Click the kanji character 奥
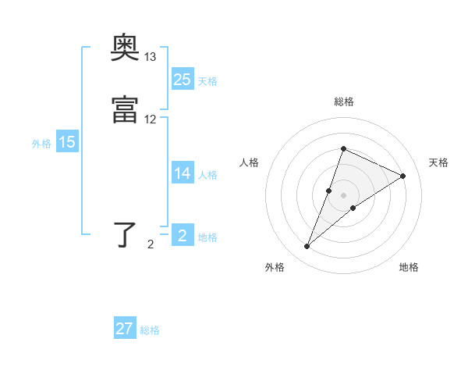(125, 49)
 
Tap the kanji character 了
(125, 234)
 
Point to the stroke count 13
(151, 57)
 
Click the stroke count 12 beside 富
(151, 119)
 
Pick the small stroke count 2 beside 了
(151, 244)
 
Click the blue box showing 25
(183, 80)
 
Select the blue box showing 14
(183, 173)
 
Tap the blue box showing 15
(67, 142)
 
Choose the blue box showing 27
(125, 329)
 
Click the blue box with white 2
(183, 236)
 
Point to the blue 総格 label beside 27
(150, 330)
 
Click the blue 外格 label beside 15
(41, 144)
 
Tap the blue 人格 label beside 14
(208, 175)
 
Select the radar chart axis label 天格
(438, 162)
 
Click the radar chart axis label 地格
(409, 267)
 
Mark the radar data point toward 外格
(307, 247)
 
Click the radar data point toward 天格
(403, 176)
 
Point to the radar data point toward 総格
(343, 148)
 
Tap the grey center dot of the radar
(343, 195)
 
